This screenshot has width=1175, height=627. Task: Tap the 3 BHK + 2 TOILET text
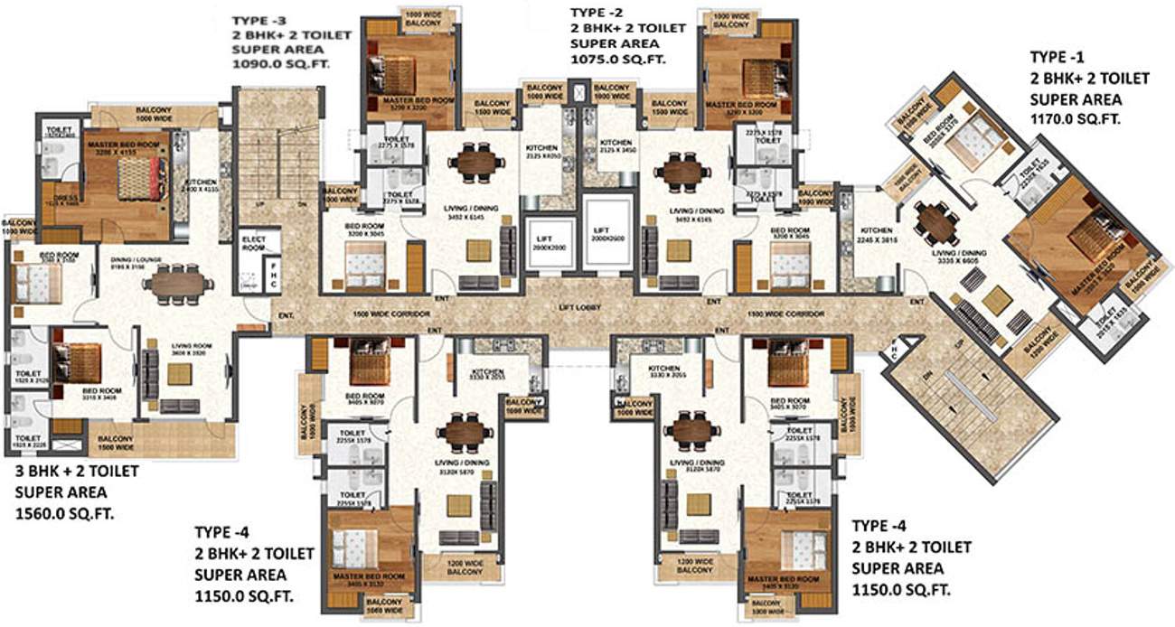click(x=82, y=471)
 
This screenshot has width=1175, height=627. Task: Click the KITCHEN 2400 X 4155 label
click(x=202, y=185)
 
